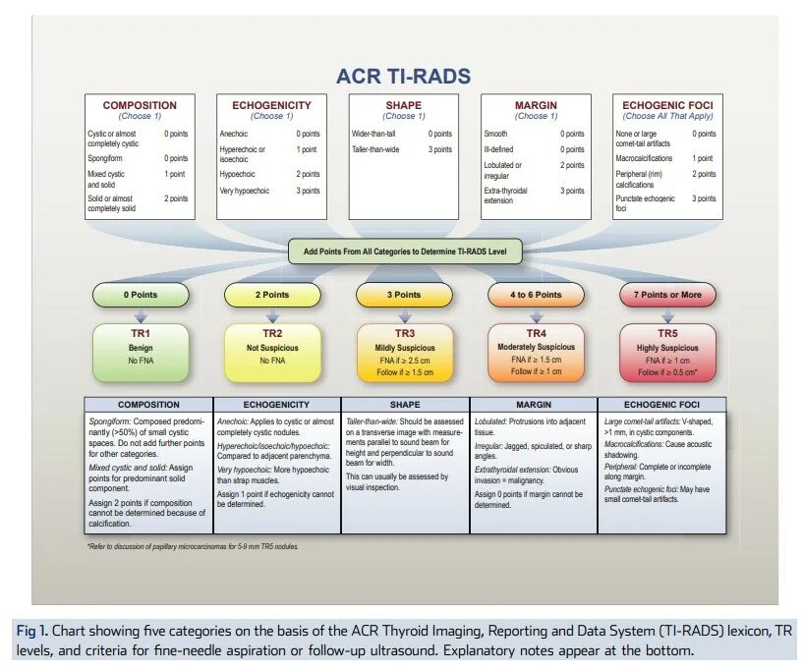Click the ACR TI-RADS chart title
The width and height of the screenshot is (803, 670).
tap(403, 77)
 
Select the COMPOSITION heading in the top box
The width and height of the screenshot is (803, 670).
tap(140, 105)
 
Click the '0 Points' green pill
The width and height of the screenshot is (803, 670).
tap(141, 295)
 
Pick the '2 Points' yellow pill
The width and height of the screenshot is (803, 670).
tap(272, 295)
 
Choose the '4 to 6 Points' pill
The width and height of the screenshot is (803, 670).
tap(536, 295)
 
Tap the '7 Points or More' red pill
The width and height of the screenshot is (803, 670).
tap(667, 295)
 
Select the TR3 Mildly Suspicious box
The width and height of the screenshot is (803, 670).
tap(404, 352)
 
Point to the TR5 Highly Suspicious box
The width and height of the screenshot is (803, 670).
tap(667, 352)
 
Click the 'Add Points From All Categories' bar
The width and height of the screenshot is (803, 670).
tap(405, 251)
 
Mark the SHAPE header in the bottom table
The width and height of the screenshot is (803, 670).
tap(404, 404)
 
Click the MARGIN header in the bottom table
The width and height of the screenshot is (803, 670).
tap(536, 404)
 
